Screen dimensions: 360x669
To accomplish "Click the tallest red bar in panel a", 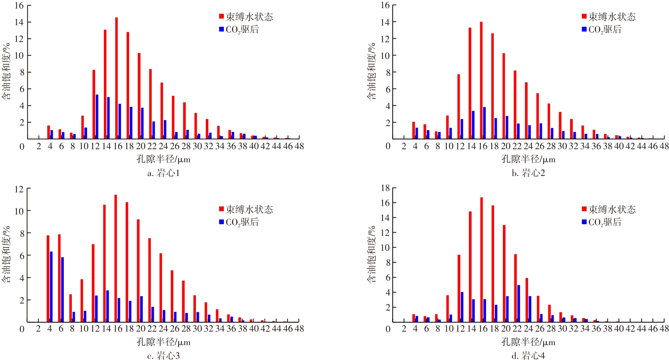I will (116, 78).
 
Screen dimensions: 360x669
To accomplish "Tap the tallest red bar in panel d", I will (482, 260).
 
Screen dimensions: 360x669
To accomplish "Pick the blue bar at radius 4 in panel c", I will (51, 286).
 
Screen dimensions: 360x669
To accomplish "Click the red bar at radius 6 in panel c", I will (59, 278).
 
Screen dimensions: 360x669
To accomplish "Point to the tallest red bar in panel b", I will (481, 80).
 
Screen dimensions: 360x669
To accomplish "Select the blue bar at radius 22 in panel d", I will (519, 303).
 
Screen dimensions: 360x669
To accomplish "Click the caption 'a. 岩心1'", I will (163, 173).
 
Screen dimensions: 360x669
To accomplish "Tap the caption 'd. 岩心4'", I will (528, 356).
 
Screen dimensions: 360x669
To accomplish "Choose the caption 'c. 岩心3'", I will (163, 356).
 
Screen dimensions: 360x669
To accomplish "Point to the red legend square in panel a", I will (221, 16).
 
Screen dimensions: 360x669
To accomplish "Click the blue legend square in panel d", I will (584, 221).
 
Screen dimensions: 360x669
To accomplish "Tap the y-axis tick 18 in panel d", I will (385, 188).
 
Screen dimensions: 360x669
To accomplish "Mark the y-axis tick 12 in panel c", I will (19, 189).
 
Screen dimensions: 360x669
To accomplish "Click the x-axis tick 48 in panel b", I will (664, 146).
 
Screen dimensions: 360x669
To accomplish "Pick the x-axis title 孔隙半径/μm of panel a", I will (163, 159).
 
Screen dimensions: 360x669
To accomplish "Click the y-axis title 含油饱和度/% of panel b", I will (371, 72).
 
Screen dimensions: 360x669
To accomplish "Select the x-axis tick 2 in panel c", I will (38, 329).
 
